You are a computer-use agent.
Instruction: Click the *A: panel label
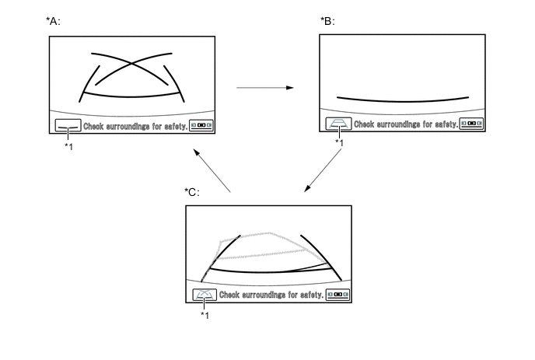tap(54, 21)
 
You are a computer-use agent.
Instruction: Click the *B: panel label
tap(327, 21)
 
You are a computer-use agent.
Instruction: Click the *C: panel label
tap(191, 192)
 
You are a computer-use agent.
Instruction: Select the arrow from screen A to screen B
tap(264, 88)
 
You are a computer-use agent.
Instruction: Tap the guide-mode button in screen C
tap(205, 295)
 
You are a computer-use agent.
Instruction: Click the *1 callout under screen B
tap(339, 143)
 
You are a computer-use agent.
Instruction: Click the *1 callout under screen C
tap(205, 315)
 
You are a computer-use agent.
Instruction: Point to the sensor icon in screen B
tap(471, 124)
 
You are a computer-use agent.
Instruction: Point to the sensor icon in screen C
tap(337, 295)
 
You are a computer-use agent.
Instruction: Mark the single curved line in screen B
tap(403, 100)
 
